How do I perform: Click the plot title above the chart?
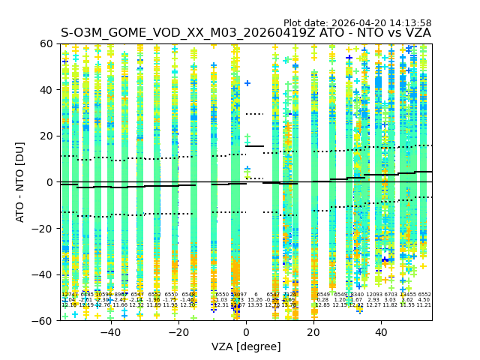click(x=245, y=33)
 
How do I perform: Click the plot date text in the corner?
click(x=357, y=23)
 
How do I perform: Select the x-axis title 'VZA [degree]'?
click(x=246, y=346)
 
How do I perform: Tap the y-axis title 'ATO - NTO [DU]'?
click(x=21, y=182)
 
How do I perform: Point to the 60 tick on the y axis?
click(x=46, y=43)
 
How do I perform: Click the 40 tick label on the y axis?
click(x=46, y=90)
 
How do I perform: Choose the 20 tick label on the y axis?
click(x=46, y=136)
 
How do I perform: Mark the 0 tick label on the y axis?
click(x=49, y=182)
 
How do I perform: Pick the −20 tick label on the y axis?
click(x=43, y=228)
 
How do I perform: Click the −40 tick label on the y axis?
click(x=43, y=274)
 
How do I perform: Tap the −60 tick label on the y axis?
click(x=43, y=320)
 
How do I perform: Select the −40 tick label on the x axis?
click(x=110, y=332)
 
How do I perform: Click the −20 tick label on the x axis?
click(x=178, y=332)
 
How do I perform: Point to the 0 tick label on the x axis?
click(x=246, y=332)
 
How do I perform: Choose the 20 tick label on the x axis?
click(x=313, y=332)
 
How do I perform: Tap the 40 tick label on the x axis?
click(x=381, y=332)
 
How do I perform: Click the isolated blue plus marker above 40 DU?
click(x=247, y=83)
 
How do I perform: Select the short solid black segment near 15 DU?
click(x=254, y=146)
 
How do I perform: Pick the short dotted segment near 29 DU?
click(x=254, y=114)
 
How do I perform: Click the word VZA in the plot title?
click(x=416, y=33)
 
